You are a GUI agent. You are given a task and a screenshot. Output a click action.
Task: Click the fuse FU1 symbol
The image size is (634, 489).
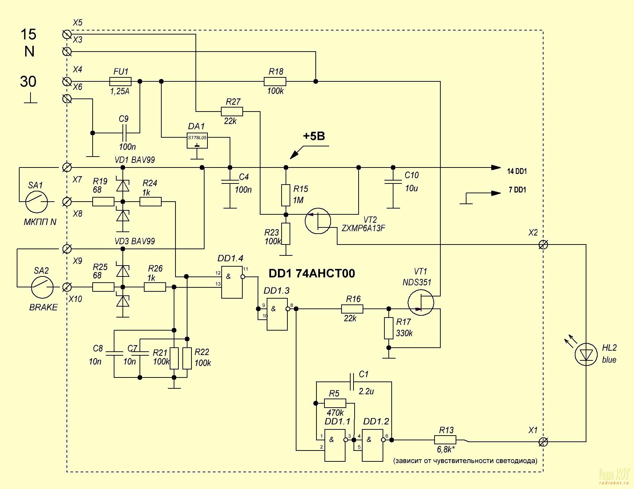[120, 81]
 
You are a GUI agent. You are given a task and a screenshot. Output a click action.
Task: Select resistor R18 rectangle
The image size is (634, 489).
[275, 81]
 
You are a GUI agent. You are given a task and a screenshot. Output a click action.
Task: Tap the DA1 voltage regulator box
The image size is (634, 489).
[197, 140]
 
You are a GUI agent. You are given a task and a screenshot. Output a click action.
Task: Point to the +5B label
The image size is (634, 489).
[314, 136]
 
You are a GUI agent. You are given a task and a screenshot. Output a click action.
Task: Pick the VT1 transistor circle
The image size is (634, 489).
[421, 302]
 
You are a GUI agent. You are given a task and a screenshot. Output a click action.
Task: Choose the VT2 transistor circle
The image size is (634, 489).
[318, 221]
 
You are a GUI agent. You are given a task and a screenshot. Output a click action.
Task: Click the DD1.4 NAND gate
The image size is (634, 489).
[232, 282]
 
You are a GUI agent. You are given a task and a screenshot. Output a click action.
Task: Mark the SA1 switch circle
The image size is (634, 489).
[37, 201]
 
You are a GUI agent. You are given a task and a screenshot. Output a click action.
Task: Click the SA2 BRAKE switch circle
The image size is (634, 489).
[42, 287]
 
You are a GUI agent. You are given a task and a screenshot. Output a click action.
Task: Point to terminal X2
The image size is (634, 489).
[543, 244]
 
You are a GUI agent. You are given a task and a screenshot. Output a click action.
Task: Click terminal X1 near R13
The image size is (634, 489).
[543, 441]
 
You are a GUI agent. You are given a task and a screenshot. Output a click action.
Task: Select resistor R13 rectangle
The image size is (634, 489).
[445, 440]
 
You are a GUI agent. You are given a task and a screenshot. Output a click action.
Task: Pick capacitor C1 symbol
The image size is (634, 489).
[351, 381]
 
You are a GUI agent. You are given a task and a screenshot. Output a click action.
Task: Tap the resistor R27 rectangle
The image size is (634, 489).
[232, 111]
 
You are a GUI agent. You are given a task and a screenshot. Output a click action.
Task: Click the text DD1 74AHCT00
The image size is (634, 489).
[312, 273]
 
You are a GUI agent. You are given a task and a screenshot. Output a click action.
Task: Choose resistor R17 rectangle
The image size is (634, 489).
[389, 328]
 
